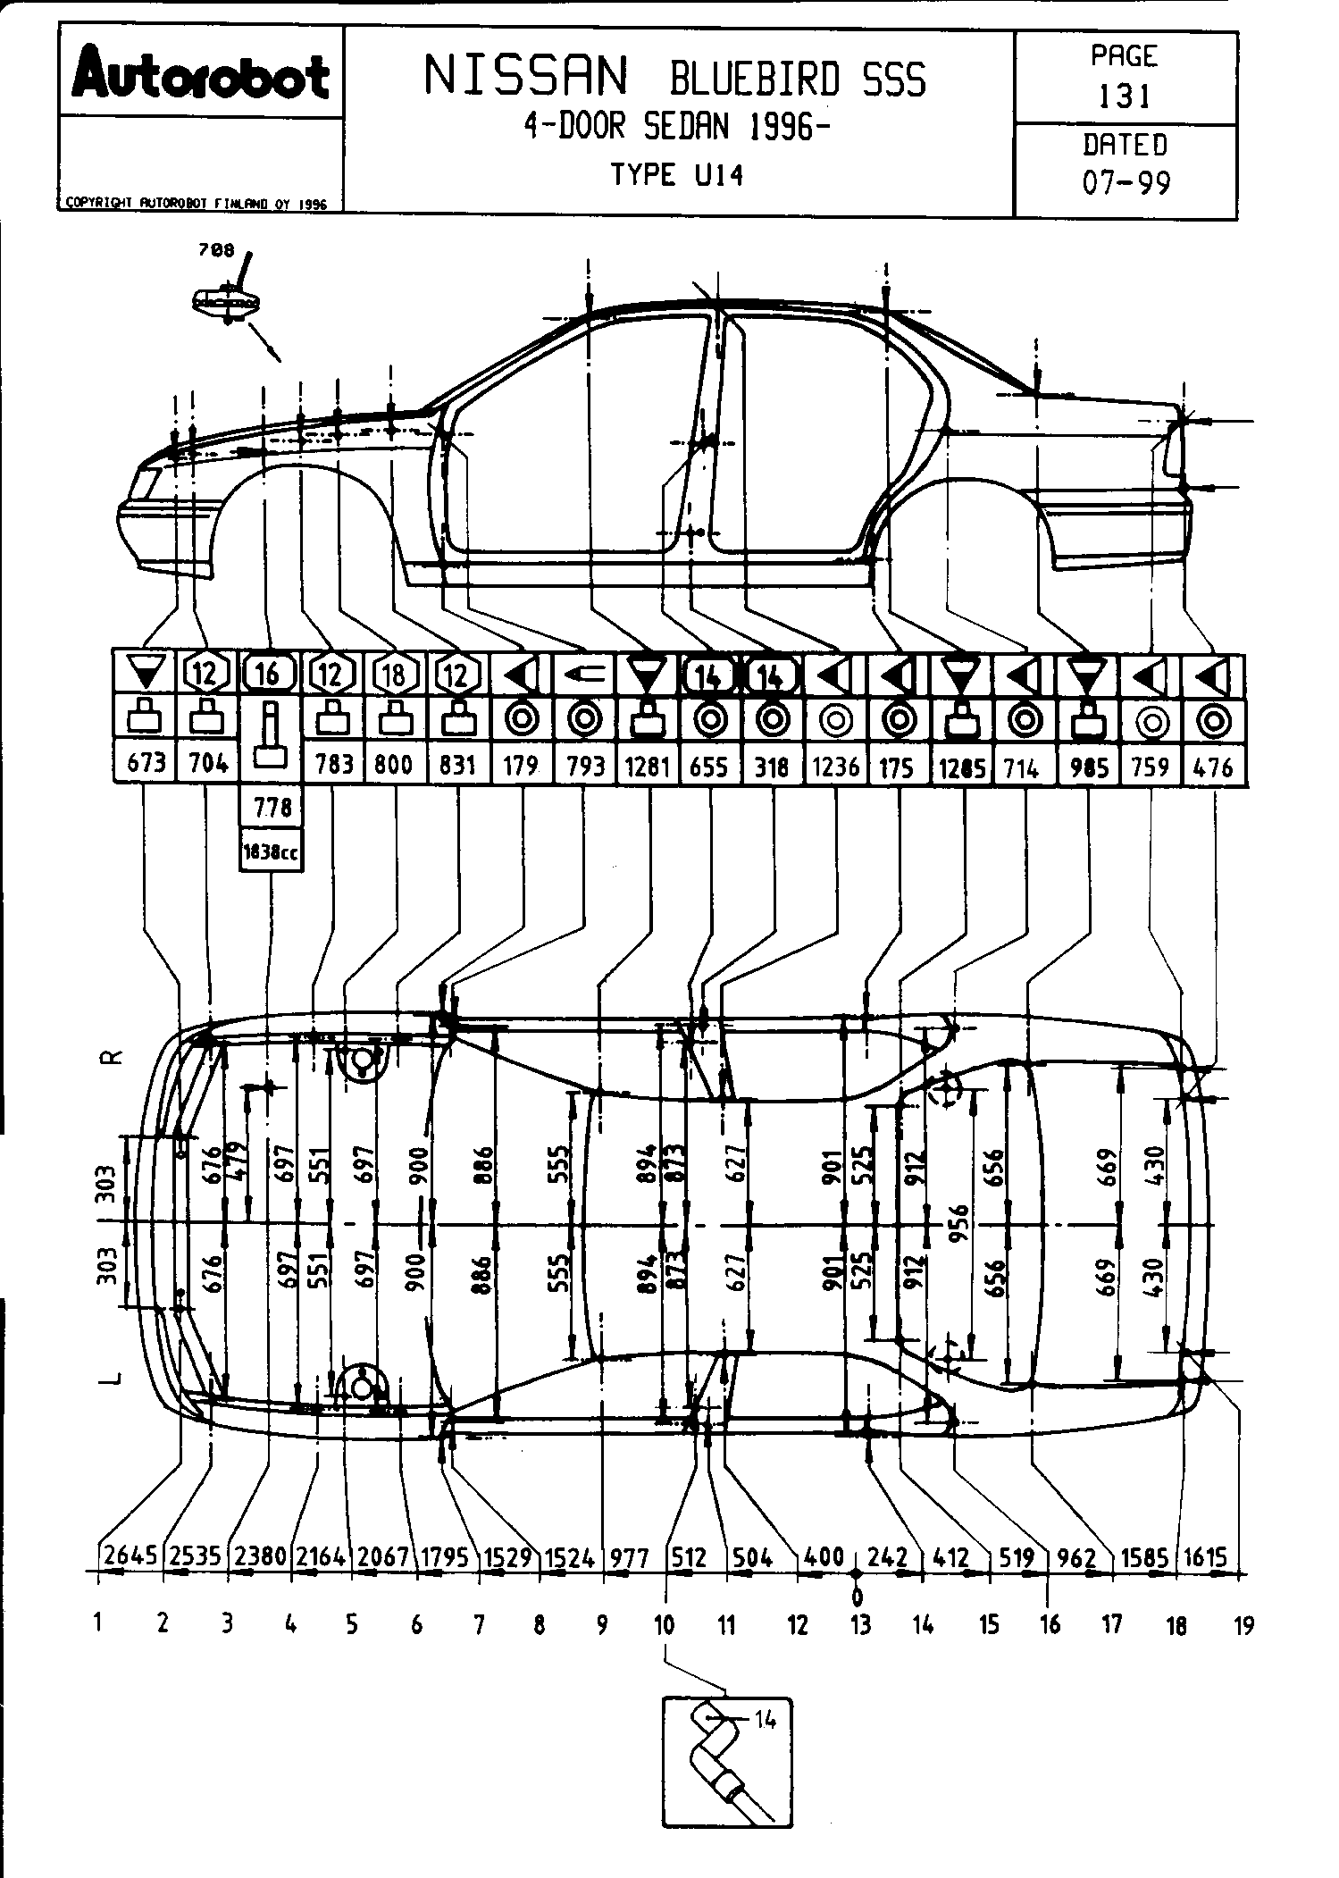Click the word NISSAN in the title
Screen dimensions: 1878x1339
(526, 77)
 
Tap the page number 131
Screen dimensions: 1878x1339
(1124, 96)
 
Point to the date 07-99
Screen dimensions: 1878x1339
(1126, 183)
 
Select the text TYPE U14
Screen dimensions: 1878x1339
(677, 173)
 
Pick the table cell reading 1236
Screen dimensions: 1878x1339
(835, 766)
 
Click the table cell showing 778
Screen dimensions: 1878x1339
(272, 808)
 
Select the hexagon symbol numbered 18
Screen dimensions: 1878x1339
(394, 674)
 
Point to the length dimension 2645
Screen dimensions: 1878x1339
(130, 1555)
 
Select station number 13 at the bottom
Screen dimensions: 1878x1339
(859, 1624)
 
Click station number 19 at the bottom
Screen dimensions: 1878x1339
(1243, 1625)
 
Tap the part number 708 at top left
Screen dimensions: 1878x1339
(216, 251)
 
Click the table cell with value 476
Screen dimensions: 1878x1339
(1213, 766)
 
